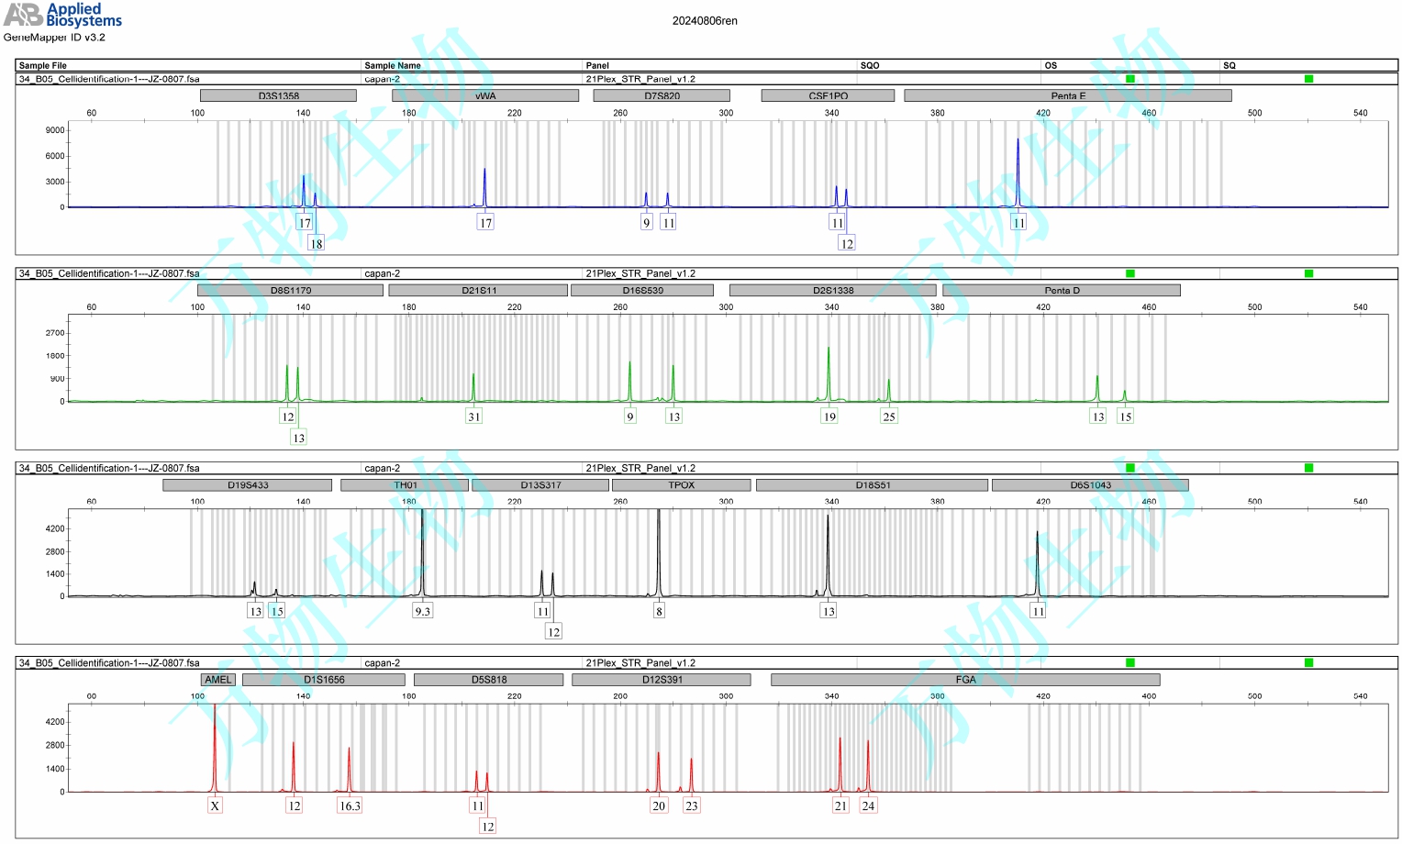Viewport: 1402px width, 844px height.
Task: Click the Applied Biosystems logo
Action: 62,15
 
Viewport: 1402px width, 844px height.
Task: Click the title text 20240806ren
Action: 705,21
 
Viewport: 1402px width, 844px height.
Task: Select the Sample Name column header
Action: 393,65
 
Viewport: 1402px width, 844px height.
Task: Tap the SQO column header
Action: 870,65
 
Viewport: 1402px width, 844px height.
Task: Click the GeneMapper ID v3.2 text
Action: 55,38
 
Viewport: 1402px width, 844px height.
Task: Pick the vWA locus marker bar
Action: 485,95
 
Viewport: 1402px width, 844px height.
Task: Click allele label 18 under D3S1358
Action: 316,244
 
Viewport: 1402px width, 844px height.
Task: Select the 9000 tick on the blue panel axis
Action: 55,130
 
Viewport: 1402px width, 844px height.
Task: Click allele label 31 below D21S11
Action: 473,416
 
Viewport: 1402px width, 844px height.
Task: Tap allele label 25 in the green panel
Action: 888,416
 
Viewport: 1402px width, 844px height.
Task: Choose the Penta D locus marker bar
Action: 1062,290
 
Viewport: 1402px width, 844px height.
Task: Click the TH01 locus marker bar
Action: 405,485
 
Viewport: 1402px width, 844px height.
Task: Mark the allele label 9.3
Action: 422,611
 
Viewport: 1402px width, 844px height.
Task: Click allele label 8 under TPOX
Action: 659,611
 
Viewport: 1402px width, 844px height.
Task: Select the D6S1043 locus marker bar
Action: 1090,485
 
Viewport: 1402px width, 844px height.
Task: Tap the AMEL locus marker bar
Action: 218,680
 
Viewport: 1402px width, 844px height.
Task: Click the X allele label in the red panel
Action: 215,805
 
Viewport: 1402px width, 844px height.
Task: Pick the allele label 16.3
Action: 350,805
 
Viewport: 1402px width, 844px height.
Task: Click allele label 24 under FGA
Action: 868,805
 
